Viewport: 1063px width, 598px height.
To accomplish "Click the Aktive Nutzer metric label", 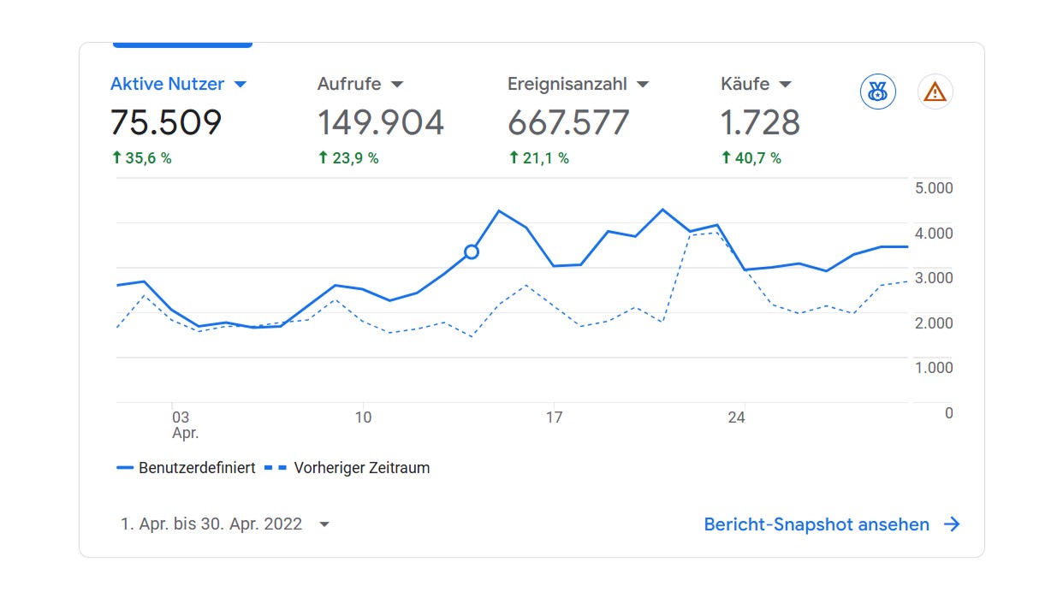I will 168,84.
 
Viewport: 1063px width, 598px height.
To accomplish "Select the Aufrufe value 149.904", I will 381,123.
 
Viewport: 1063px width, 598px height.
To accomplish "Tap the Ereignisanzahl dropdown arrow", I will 643,85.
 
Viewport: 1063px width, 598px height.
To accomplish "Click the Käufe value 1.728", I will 760,123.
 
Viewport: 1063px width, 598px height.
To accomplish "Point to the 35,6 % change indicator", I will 142,158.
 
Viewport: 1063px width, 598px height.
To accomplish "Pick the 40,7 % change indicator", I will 751,158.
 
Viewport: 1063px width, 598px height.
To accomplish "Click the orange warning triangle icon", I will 935,92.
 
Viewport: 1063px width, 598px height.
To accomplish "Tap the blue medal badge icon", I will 877,92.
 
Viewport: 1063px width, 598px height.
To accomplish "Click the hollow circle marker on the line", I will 471,252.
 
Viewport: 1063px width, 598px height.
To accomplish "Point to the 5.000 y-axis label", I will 934,188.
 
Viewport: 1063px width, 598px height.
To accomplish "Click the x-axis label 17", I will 555,417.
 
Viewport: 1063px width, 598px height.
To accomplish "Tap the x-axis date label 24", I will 736,417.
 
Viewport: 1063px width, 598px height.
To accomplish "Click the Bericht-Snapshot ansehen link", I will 817,524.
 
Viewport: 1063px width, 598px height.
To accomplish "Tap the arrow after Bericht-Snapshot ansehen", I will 952,524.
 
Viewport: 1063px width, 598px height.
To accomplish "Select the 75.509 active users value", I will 166,123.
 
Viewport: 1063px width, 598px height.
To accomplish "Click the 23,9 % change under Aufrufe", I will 348,158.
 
